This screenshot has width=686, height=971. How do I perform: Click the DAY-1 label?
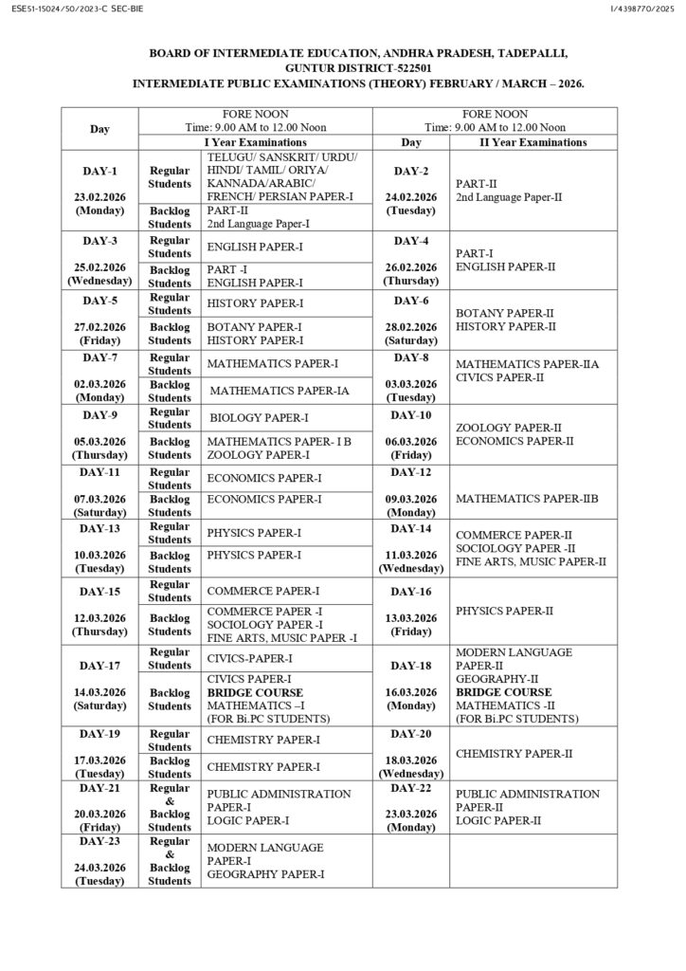[x=99, y=172]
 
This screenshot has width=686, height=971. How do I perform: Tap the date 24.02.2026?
[x=410, y=197]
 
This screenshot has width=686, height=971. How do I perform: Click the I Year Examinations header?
[x=256, y=142]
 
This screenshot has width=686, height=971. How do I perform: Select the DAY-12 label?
[x=410, y=472]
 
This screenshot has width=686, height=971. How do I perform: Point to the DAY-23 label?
[x=99, y=841]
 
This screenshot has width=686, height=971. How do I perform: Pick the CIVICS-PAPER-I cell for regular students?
[x=250, y=658]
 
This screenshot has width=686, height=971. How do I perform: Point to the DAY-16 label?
[x=410, y=592]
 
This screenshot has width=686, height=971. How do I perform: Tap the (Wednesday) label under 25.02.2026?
[x=99, y=281]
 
